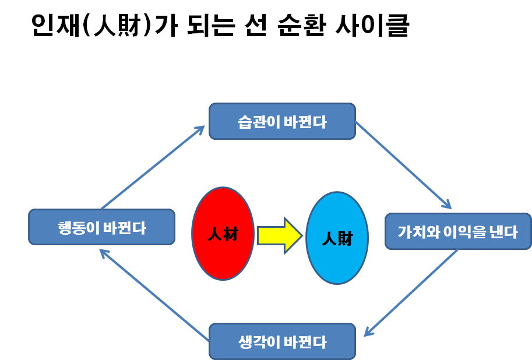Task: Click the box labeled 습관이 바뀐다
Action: [x=282, y=121]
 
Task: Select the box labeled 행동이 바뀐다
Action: [x=102, y=227]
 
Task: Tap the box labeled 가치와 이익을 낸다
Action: [x=459, y=231]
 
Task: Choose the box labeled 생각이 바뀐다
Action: [x=282, y=341]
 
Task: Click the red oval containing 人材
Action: [x=223, y=234]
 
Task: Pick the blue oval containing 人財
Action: [x=337, y=238]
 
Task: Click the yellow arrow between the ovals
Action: [x=280, y=235]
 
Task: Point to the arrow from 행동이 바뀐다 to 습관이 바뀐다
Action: [x=153, y=167]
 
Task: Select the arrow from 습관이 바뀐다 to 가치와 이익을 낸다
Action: [x=403, y=165]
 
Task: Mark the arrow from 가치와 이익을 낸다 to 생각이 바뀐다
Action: [x=411, y=293]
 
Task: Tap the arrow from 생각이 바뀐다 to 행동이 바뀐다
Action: [x=154, y=295]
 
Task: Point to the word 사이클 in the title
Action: [x=372, y=25]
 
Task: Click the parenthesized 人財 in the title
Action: [x=117, y=25]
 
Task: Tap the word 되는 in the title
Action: [x=211, y=25]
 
